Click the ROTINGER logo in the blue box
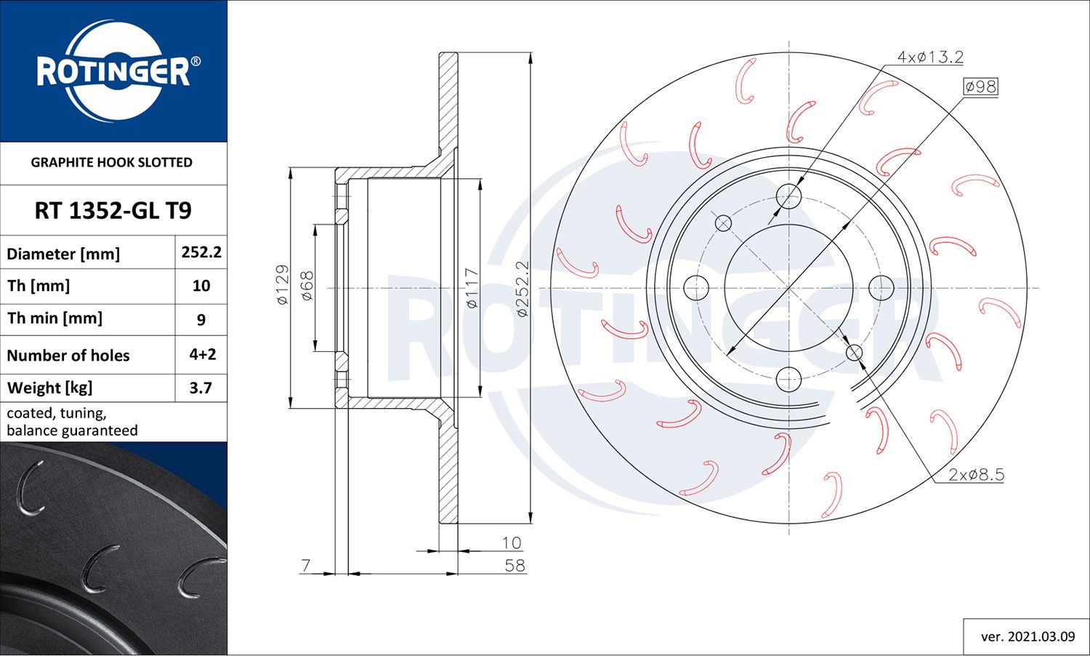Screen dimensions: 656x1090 114,71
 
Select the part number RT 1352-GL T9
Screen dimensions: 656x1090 113,211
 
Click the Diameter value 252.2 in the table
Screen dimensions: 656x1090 201,252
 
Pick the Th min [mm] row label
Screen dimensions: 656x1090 54,319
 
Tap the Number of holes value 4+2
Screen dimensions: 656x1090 202,354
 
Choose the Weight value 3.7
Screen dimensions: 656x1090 201,388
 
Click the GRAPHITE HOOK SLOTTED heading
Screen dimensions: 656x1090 111,162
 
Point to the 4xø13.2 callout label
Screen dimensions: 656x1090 929,57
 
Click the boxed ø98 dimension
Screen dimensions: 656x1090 980,87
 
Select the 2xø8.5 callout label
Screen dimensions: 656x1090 976,475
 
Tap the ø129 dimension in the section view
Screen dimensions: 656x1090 283,284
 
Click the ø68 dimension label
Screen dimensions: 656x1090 307,285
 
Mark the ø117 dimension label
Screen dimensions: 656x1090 472,288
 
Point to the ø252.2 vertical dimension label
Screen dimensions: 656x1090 522,288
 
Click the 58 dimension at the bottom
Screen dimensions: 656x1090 514,566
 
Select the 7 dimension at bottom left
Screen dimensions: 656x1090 305,565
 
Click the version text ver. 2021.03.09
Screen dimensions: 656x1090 1028,636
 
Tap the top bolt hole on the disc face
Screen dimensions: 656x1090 788,196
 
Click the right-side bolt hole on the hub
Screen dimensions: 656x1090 881,287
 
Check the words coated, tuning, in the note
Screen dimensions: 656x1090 57,413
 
